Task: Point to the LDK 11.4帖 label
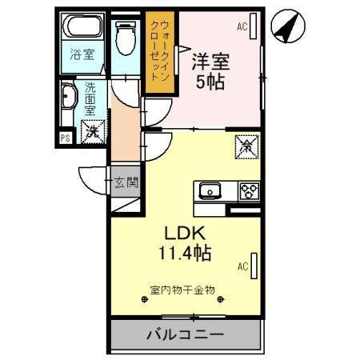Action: coord(187,243)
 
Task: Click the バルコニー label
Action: coord(184,334)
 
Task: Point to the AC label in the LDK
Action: coord(242,265)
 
